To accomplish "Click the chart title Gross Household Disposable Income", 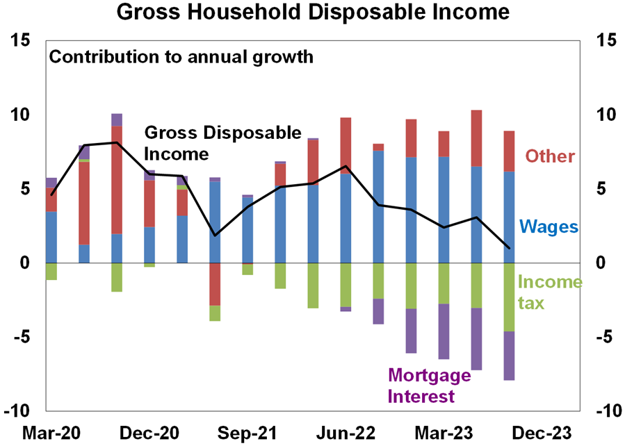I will [313, 13].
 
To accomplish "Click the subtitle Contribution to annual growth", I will [181, 56].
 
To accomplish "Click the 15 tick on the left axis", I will [21, 41].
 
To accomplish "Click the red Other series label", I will [550, 156].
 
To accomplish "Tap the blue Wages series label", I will [549, 226].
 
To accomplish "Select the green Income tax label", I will [549, 292].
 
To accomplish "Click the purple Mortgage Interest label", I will [429, 386].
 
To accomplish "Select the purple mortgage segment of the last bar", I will [509, 356].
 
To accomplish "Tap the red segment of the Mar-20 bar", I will [51, 199].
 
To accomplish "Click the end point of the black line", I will [509, 248].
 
